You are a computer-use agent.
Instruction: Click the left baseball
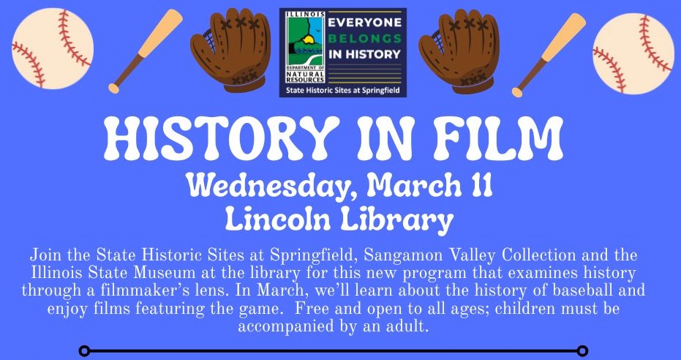[x=53, y=48]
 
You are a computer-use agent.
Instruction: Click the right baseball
[x=633, y=53]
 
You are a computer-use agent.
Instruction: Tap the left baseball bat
[x=145, y=51]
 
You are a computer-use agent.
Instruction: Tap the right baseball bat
[x=549, y=55]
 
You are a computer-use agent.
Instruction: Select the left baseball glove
[x=230, y=50]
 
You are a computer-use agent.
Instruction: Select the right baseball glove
[x=459, y=51]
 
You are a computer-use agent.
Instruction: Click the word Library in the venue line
[x=396, y=221]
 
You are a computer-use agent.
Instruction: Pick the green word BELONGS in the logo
[x=365, y=39]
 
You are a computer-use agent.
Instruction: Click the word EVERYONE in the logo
[x=365, y=24]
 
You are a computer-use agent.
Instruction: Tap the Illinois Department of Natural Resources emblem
[x=305, y=47]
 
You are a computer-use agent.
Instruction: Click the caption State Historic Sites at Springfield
[x=343, y=91]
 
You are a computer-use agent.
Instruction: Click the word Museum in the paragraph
[x=159, y=274]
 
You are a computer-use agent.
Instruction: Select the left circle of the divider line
[x=85, y=350]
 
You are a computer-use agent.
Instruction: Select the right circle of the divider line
[x=582, y=350]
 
